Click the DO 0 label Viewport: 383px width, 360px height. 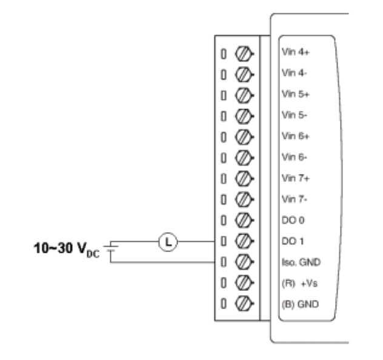(288, 220)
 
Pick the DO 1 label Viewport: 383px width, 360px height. (288, 241)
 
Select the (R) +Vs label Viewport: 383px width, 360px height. (294, 283)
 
